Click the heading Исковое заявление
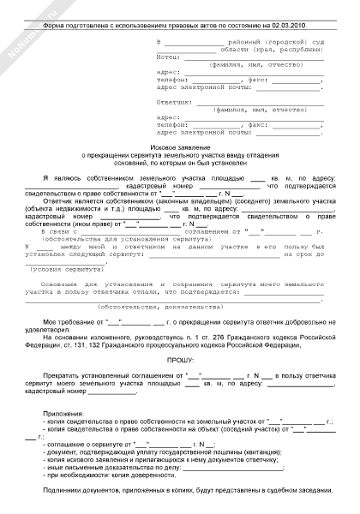coord(180,148)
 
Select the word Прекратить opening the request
coord(63,377)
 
